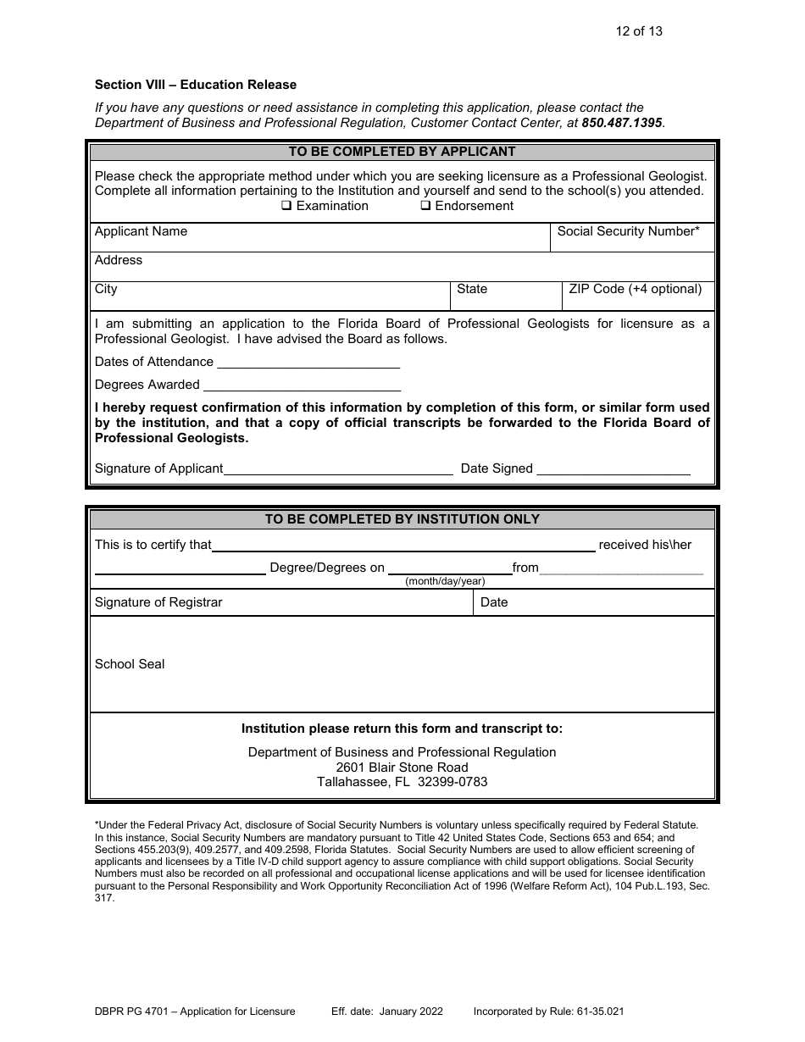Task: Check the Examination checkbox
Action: tap(286, 206)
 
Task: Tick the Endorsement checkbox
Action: tap(426, 206)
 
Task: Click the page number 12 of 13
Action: tap(639, 31)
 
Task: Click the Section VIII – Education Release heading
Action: tap(196, 85)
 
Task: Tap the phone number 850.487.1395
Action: tap(622, 123)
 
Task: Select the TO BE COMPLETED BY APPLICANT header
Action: tap(402, 152)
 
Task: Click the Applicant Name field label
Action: tap(141, 231)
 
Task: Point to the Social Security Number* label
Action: tap(628, 231)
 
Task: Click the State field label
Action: tap(472, 289)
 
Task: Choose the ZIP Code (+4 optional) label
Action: tap(635, 289)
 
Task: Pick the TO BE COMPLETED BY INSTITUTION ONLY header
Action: tap(402, 519)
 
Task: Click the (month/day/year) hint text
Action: tap(445, 581)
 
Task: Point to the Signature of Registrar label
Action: tap(158, 602)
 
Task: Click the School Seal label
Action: tap(130, 664)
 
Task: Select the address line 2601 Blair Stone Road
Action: tap(402, 768)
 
